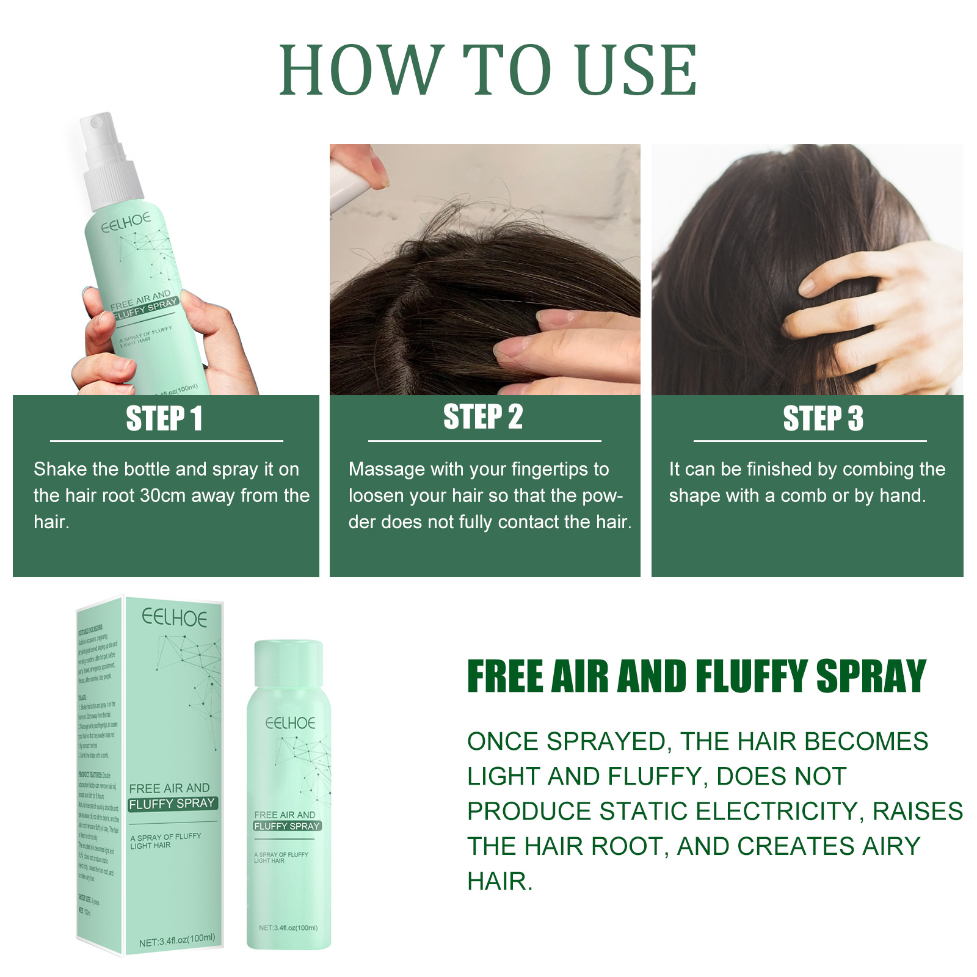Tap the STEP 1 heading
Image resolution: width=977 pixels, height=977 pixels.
tap(164, 419)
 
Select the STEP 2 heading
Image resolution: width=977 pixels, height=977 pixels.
tap(483, 417)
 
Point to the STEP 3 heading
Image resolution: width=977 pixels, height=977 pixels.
tap(823, 419)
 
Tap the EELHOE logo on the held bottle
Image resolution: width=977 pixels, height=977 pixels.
tap(126, 223)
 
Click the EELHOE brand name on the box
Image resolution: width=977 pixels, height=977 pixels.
tap(175, 618)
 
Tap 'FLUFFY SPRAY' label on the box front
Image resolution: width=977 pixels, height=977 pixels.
tap(172, 804)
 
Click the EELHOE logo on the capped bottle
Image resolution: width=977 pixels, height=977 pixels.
tap(290, 724)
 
